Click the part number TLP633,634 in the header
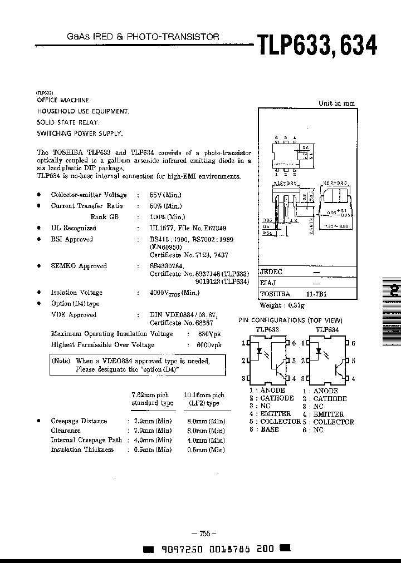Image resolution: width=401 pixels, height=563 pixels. [316, 45]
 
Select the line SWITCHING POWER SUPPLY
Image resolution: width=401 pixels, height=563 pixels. [80, 134]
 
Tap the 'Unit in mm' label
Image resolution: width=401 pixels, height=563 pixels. [336, 103]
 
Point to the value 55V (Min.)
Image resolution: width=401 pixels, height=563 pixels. [165, 195]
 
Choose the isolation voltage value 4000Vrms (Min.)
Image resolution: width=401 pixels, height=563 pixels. [174, 293]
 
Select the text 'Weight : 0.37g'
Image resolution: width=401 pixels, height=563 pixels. [282, 305]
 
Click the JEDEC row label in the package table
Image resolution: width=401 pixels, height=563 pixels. [271, 272]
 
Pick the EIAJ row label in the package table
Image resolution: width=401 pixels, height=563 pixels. [268, 283]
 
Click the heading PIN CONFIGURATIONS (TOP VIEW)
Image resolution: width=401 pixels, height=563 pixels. [290, 320]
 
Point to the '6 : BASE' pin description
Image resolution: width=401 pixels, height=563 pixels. [264, 429]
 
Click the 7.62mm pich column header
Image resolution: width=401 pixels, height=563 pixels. [152, 398]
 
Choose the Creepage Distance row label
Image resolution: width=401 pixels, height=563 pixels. [79, 421]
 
